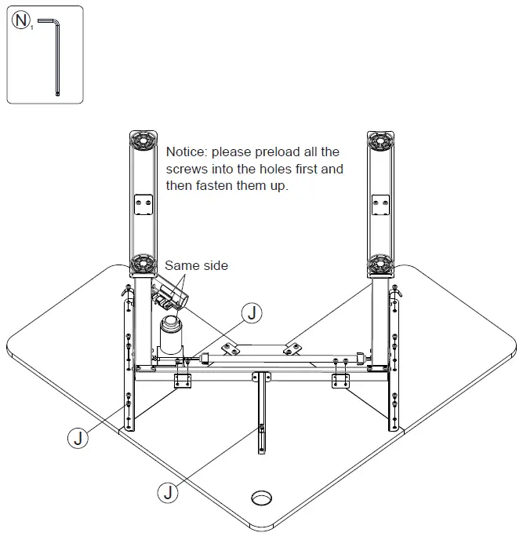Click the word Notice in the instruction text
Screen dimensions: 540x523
point(187,151)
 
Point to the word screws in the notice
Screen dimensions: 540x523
point(187,169)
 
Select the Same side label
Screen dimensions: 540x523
point(196,265)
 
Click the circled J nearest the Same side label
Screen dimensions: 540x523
point(251,313)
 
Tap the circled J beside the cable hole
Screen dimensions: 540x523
point(168,493)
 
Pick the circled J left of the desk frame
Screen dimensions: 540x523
point(77,436)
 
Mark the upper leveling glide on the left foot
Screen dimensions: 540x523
point(143,142)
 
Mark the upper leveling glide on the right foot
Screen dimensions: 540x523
point(381,142)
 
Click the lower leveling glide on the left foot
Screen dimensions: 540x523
point(143,263)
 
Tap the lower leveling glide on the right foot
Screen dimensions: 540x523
point(381,263)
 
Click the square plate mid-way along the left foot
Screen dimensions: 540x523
point(143,203)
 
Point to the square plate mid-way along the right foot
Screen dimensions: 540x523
point(381,203)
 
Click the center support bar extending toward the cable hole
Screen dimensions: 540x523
point(260,416)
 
